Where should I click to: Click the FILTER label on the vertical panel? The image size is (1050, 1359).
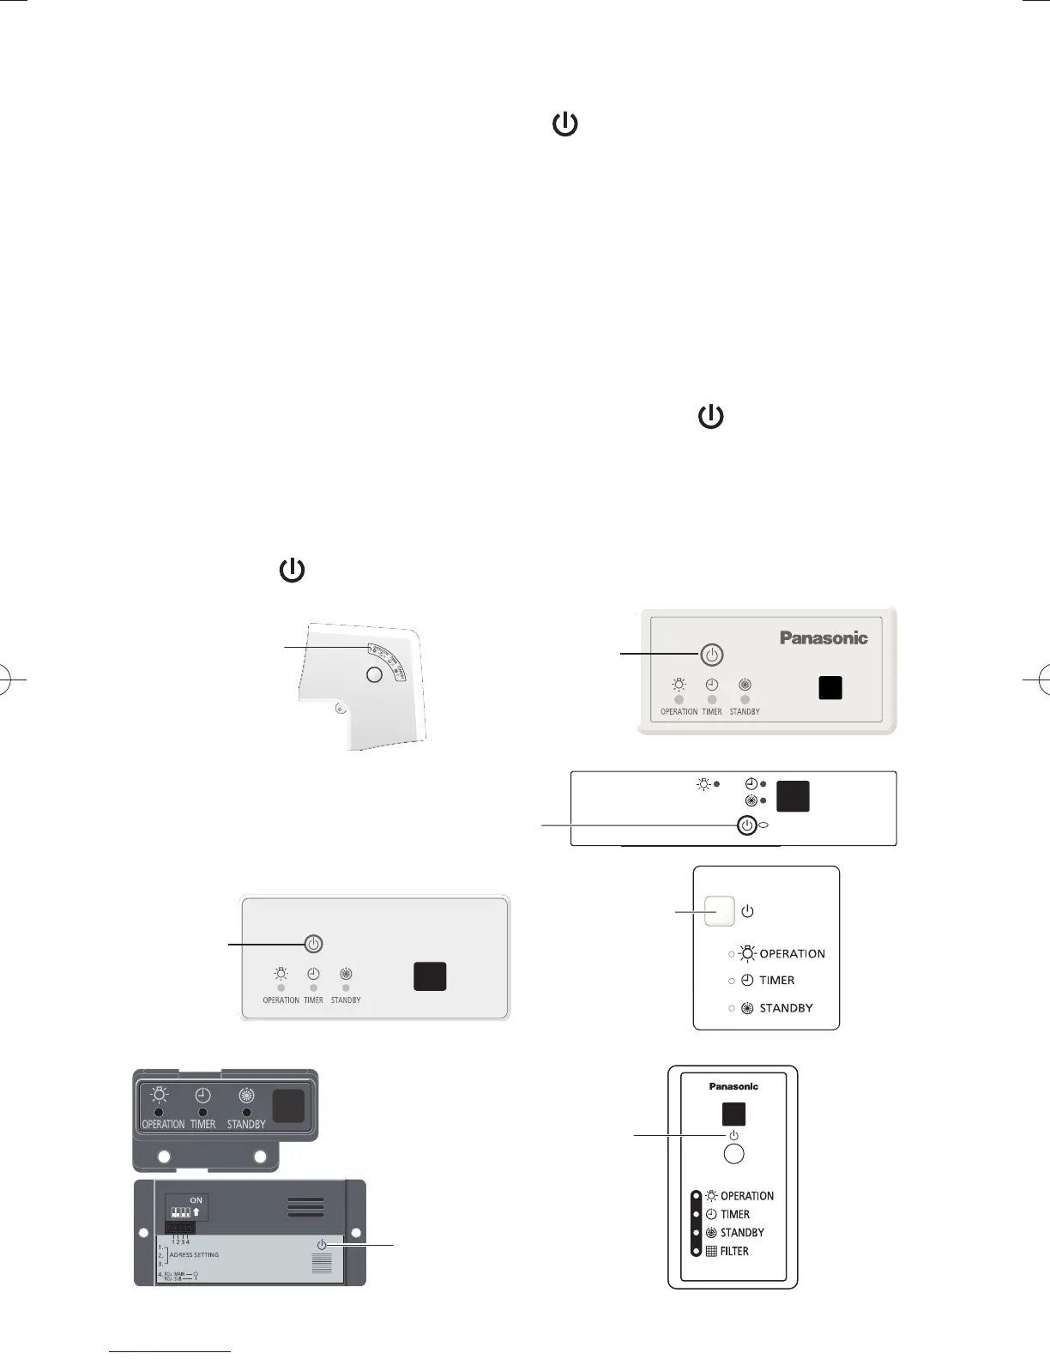click(734, 1251)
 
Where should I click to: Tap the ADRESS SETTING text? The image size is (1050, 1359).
click(194, 1254)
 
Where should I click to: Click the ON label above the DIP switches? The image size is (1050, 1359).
click(196, 1200)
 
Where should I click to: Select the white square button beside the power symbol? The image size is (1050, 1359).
click(720, 911)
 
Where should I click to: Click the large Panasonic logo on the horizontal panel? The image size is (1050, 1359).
click(824, 638)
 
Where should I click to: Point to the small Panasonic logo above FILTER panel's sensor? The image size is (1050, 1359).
click(733, 1086)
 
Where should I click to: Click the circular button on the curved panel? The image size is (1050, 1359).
click(374, 674)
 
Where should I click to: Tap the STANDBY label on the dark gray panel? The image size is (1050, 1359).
click(246, 1124)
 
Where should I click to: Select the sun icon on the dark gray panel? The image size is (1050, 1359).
click(160, 1095)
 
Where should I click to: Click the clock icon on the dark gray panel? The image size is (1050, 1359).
click(202, 1095)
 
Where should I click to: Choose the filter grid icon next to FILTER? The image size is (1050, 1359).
click(711, 1251)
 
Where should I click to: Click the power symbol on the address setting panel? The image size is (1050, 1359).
click(322, 1244)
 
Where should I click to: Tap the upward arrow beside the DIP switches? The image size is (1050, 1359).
click(196, 1212)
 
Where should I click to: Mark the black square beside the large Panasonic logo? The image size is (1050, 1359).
click(830, 688)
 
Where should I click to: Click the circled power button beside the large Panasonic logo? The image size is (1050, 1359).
click(711, 655)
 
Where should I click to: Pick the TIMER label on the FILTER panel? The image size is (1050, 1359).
click(735, 1214)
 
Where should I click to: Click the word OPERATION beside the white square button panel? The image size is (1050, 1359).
click(792, 953)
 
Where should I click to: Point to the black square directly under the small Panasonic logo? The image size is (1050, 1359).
click(733, 1114)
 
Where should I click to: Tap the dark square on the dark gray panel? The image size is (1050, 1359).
click(289, 1106)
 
